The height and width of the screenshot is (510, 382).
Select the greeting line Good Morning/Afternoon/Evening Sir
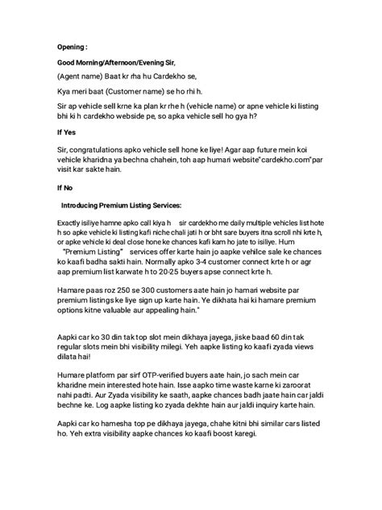tap(115, 62)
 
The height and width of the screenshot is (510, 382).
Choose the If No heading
tap(65, 186)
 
